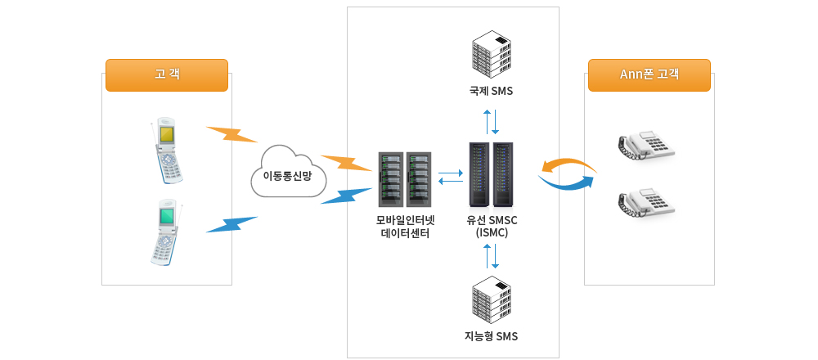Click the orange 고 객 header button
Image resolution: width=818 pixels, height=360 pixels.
pos(167,74)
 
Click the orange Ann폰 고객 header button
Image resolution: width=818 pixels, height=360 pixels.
pos(649,74)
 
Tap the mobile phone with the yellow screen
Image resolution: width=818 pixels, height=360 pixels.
pos(169,151)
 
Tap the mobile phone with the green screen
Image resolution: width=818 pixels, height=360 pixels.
pos(167,233)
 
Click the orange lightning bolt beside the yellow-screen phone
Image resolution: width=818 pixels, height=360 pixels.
pos(231,134)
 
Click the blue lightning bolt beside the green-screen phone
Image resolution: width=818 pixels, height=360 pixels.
pos(231,224)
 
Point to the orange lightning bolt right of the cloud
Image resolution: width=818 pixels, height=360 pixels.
pos(346,163)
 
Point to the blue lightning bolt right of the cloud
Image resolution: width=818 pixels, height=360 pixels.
pos(346,196)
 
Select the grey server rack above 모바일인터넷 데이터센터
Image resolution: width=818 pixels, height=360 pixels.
pos(404,179)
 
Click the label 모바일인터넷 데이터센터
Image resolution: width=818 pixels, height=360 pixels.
pos(405,227)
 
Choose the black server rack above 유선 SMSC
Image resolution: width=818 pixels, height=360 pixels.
pos(492,174)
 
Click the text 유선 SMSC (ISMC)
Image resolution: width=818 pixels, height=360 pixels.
pos(492,227)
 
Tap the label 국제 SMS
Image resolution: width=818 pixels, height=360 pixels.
pos(492,91)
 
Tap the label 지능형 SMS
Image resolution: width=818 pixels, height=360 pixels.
pos(491,336)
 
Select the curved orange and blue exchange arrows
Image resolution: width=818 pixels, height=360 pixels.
pos(567,174)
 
